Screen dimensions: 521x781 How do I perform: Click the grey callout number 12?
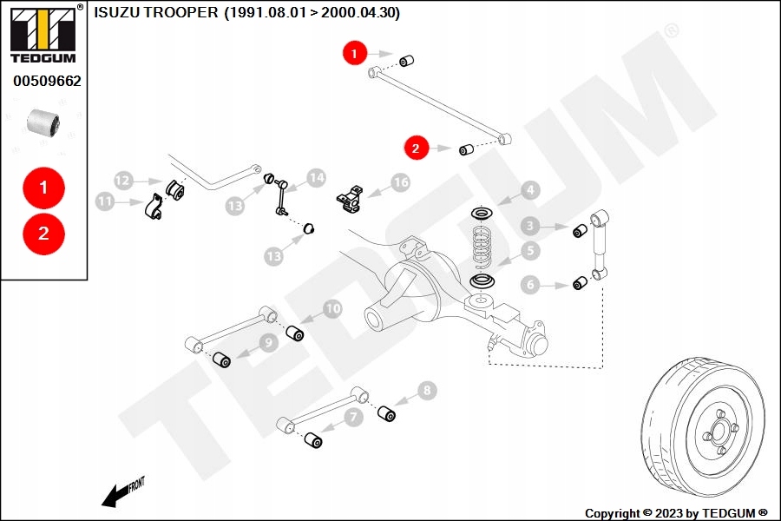[x=123, y=181]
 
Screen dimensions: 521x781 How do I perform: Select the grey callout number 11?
[x=105, y=201]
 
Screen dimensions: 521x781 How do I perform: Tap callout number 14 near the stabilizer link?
[x=316, y=178]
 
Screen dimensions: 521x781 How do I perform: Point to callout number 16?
[x=400, y=182]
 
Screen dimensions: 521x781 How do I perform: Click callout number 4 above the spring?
[x=529, y=190]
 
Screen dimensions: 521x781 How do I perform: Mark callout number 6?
[x=529, y=284]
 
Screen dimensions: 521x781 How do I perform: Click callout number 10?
[x=332, y=308]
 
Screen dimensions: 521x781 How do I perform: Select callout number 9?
[x=268, y=343]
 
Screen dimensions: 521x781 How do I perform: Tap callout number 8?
[x=425, y=391]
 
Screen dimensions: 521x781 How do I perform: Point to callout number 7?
[x=353, y=418]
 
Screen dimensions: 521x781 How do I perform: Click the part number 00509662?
[x=47, y=82]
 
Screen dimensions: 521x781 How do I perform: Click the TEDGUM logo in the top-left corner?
[x=43, y=34]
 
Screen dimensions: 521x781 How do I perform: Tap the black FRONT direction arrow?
[x=115, y=496]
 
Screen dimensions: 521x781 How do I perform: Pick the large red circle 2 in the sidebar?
[x=43, y=233]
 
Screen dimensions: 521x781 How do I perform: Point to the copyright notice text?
[x=676, y=513]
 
